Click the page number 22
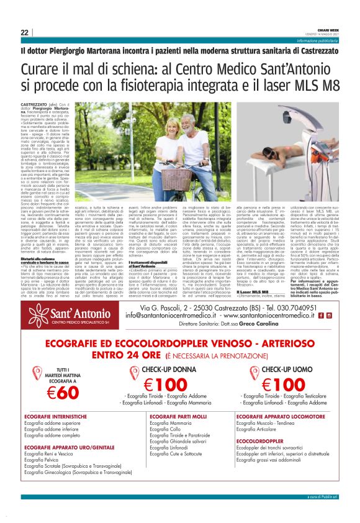coord(25,32)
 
